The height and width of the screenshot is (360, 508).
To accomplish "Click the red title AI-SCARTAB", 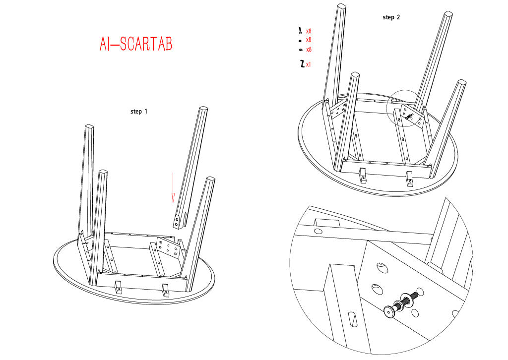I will coord(135,44).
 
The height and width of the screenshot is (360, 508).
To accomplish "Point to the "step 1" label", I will coord(139,112).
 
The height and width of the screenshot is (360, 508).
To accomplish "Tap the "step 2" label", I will coord(391,17).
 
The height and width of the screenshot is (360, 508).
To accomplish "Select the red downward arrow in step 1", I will coord(173,187).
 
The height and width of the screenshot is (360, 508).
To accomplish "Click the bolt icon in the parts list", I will coord(301,31).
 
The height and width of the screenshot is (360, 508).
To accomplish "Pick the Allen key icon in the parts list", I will coord(301,63).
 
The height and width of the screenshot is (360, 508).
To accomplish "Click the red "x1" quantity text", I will coord(309,64).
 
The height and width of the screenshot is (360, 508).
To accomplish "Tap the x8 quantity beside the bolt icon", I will coord(309,31).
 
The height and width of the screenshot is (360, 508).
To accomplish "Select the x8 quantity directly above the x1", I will coord(309,50).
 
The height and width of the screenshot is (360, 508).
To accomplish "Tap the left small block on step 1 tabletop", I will coord(118,287).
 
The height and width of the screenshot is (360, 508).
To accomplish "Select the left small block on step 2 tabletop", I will coord(363,176).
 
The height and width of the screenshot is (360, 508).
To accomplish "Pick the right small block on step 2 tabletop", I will coord(409,178).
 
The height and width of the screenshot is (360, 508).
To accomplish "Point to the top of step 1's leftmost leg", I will coord(89,128).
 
